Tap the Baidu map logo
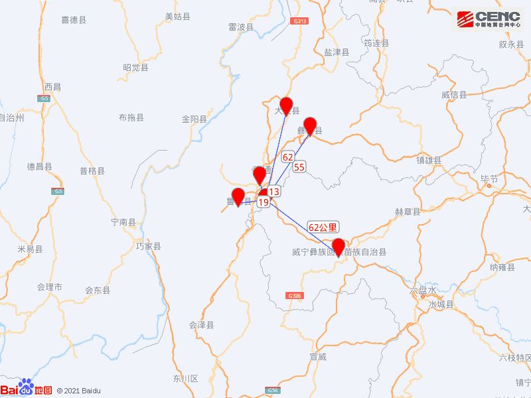[26, 389]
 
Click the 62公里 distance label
[323, 227]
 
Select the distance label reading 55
[299, 167]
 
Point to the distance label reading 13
[275, 192]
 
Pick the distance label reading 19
[264, 202]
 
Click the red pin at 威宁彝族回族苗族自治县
[339, 247]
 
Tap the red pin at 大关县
[287, 105]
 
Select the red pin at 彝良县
[310, 126]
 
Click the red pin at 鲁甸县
[238, 197]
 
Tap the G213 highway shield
[300, 21]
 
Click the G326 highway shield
[295, 295]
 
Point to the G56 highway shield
[273, 390]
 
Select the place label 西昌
[52, 87]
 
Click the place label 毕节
[489, 178]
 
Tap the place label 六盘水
[423, 291]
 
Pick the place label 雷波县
[240, 27]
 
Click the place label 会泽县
[202, 325]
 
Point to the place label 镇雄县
[429, 160]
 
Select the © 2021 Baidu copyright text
[78, 391]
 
